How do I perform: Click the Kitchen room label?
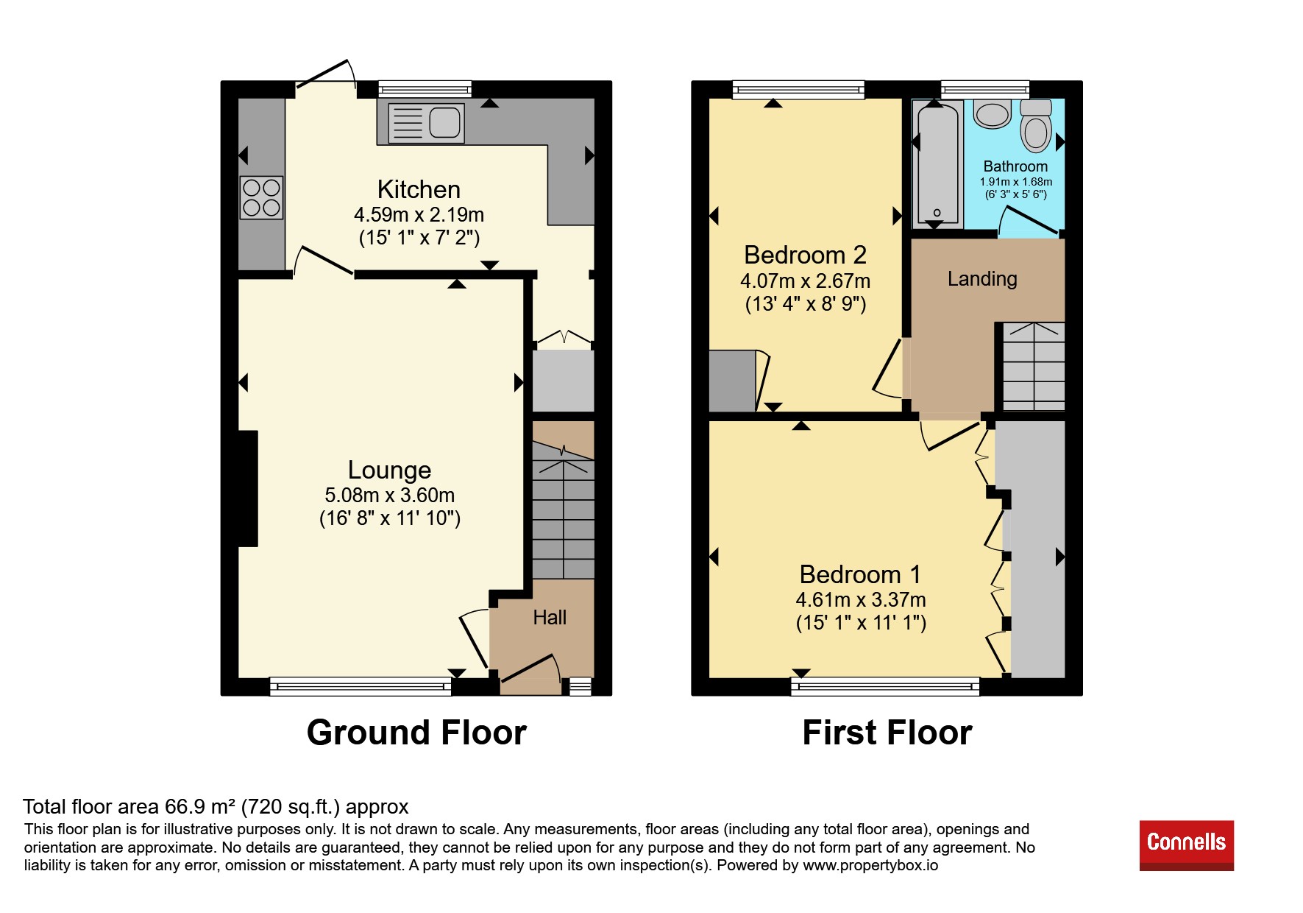pyautogui.click(x=419, y=190)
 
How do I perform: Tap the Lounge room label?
pyautogui.click(x=389, y=470)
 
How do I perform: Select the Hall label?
pyautogui.click(x=550, y=617)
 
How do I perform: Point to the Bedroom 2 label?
pyautogui.click(x=805, y=255)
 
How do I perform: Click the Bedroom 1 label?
pyautogui.click(x=860, y=574)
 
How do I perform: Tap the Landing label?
pyautogui.click(x=982, y=279)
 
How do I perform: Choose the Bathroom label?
pyautogui.click(x=1015, y=166)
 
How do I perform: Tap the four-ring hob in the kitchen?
pyautogui.click(x=261, y=197)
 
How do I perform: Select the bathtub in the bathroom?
pyautogui.click(x=937, y=163)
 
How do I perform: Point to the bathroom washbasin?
pyautogui.click(x=993, y=114)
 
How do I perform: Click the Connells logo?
pyautogui.click(x=1186, y=845)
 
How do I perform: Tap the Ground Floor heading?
pyautogui.click(x=416, y=733)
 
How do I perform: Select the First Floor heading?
pyautogui.click(x=887, y=733)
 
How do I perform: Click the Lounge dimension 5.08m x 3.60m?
pyautogui.click(x=389, y=496)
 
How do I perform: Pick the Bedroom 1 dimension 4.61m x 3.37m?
pyautogui.click(x=861, y=600)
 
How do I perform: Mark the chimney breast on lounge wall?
pyautogui.click(x=248, y=489)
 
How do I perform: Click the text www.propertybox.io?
pyautogui.click(x=870, y=866)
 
